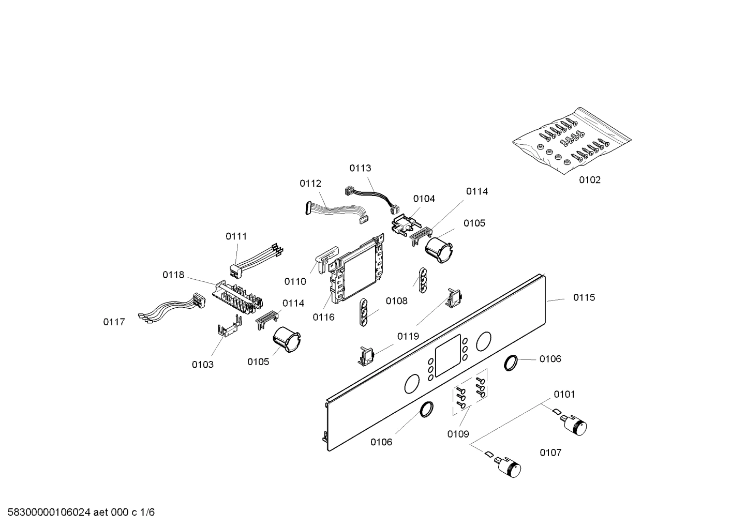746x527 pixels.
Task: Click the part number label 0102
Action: coord(589,180)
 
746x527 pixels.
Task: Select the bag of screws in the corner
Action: coord(571,138)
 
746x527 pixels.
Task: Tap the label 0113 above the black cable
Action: coord(360,168)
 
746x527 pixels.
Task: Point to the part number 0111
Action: coord(236,236)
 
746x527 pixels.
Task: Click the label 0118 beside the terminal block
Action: coord(173,275)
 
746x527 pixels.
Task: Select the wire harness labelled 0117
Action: coord(171,310)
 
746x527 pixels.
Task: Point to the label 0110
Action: coord(295,282)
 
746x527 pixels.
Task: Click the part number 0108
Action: coord(396,301)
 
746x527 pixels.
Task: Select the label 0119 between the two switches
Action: coord(408,337)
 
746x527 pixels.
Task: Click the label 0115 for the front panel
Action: coord(584,297)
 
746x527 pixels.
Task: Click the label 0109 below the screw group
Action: coord(458,434)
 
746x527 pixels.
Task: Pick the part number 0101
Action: coord(564,395)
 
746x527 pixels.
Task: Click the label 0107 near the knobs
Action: coord(550,453)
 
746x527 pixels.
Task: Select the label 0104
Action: coord(424,199)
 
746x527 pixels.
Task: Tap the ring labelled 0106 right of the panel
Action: coord(511,363)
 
